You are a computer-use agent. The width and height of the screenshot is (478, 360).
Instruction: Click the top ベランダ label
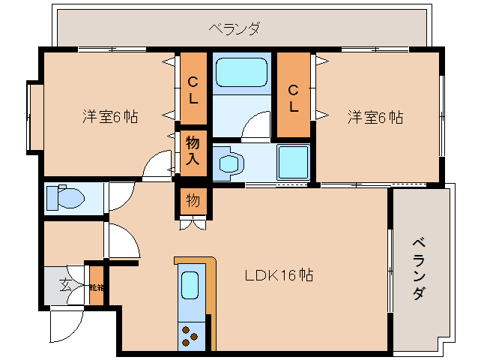point(235,29)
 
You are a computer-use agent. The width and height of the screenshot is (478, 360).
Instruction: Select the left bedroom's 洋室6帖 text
point(109,117)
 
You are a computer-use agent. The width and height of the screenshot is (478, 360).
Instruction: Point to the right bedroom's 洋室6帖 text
point(375,117)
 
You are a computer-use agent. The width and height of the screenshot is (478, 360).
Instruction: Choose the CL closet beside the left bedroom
point(193,89)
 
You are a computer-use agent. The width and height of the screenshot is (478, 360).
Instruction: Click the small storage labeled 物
point(193,200)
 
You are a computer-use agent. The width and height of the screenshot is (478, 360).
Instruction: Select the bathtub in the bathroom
point(242,74)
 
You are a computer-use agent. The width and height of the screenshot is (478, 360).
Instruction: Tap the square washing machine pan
point(293,161)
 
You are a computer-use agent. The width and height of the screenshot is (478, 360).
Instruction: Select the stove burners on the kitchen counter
point(190,336)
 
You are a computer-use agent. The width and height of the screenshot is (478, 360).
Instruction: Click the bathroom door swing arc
point(258,124)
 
